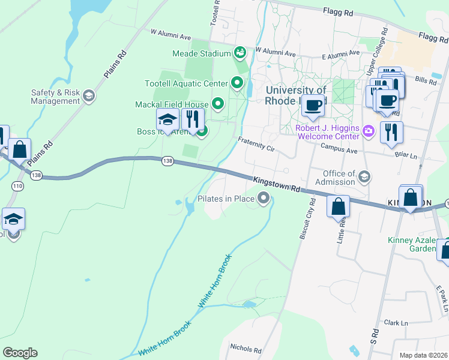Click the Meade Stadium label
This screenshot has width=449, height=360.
(202, 53)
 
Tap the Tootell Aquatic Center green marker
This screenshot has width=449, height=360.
(237, 83)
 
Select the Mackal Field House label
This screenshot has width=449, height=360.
(172, 105)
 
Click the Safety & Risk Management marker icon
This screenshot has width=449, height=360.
(89, 96)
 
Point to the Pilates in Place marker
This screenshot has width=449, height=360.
(264, 198)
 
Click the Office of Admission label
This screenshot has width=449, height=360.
(330, 178)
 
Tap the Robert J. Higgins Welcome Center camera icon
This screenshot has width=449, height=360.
(369, 130)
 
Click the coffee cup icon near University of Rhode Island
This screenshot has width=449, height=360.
(312, 106)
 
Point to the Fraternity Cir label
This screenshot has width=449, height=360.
(255, 144)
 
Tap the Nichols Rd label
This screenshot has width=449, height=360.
(246, 349)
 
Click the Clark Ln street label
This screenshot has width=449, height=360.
(396, 323)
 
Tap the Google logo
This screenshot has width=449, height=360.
(20, 353)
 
